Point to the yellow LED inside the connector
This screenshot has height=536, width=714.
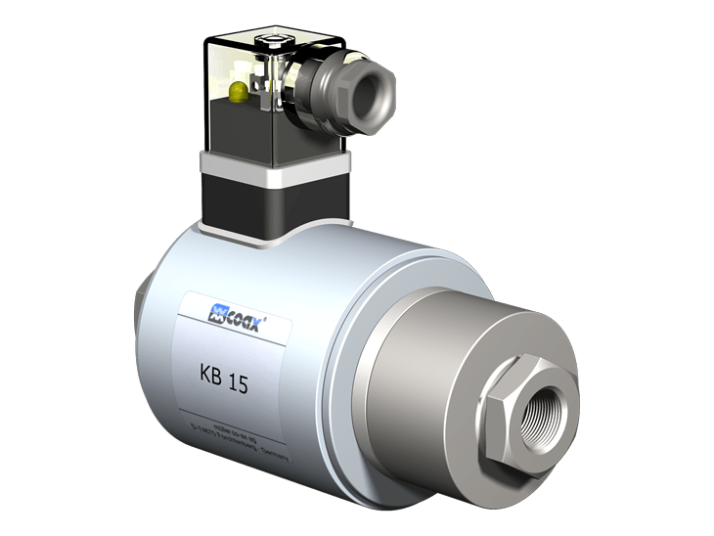[238, 93]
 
